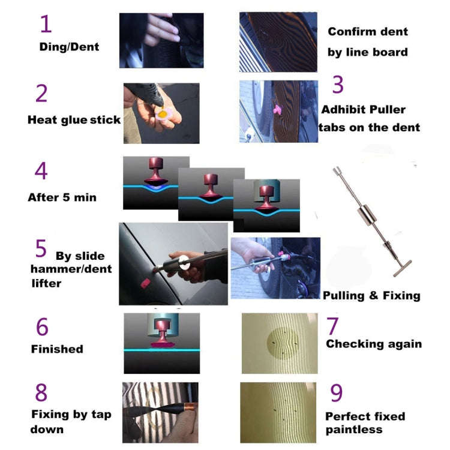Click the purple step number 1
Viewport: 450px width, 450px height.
coord(46,23)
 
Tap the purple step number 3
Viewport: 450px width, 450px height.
coord(338,85)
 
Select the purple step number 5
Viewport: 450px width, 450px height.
coord(41,248)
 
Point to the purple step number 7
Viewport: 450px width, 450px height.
coord(332,326)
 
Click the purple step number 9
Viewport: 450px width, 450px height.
coord(337,393)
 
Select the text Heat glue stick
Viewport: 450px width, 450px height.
coord(74,119)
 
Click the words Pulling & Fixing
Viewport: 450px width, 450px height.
coord(371,295)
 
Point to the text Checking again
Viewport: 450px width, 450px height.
coord(373,344)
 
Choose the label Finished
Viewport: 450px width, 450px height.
coord(57,349)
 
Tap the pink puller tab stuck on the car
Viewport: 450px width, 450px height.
coord(278,109)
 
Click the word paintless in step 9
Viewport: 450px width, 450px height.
coord(354,429)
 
